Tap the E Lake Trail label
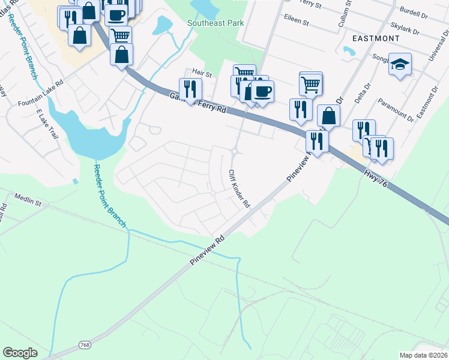(x=49, y=124)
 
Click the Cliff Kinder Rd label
(x=238, y=188)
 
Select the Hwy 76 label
(x=377, y=179)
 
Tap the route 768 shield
(x=85, y=345)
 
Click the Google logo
(x=20, y=353)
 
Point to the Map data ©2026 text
(x=423, y=355)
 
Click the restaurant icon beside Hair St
(x=190, y=89)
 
